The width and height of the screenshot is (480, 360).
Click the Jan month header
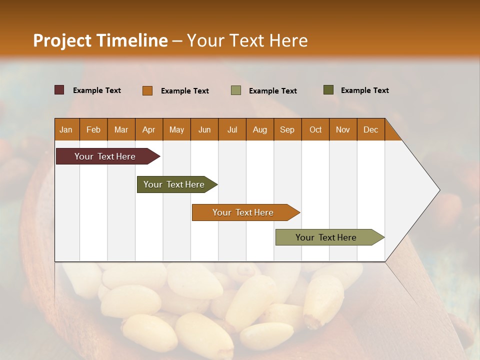66,129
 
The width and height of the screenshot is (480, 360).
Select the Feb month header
93,129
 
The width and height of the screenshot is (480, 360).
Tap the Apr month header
148,129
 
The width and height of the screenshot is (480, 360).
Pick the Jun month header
204,129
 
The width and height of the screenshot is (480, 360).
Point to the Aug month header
259,129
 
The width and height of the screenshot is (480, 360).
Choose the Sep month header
287,129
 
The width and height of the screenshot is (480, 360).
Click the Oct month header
315,129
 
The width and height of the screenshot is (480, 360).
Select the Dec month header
370,129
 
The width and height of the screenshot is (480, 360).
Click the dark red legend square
59,90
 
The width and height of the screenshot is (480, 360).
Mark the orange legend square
147,90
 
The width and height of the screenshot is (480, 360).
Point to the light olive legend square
236,90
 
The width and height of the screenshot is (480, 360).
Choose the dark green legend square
328,90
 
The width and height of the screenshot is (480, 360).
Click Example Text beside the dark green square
364,90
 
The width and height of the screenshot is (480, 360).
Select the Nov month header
343,129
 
